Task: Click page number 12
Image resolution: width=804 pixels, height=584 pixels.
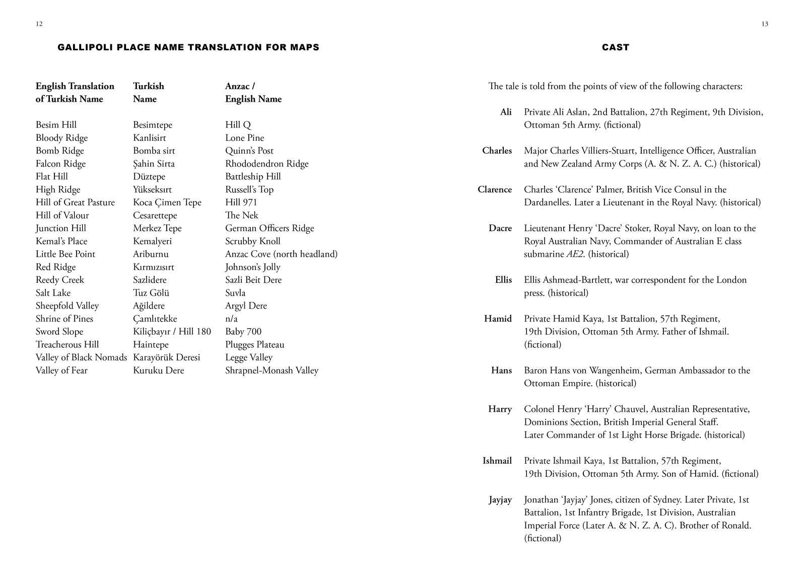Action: point(39,24)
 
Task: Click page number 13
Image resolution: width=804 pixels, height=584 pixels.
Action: point(765,24)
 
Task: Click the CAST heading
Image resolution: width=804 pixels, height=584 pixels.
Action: point(615,47)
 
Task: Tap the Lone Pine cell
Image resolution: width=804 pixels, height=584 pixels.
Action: point(244,138)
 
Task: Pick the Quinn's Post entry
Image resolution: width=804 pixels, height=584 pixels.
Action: point(249,151)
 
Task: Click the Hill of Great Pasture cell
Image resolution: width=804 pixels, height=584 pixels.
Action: point(75,202)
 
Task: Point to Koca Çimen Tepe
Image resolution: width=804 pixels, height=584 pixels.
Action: point(167,202)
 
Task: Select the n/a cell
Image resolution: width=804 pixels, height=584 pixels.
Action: point(231,319)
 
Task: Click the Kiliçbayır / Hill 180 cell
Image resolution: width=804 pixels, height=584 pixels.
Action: point(172,332)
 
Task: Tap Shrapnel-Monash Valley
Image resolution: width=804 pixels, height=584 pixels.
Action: point(272,371)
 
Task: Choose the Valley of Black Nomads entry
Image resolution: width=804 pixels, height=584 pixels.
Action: point(81,357)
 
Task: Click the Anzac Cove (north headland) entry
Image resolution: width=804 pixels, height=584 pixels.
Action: point(281,254)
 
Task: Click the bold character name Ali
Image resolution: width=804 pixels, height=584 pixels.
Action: point(506,112)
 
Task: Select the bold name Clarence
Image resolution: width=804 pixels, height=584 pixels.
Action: point(495,190)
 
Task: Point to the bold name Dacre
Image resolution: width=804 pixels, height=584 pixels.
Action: point(500,229)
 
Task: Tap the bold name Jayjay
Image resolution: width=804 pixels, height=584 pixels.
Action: point(500,500)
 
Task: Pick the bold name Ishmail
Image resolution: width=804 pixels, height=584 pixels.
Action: point(497,461)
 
